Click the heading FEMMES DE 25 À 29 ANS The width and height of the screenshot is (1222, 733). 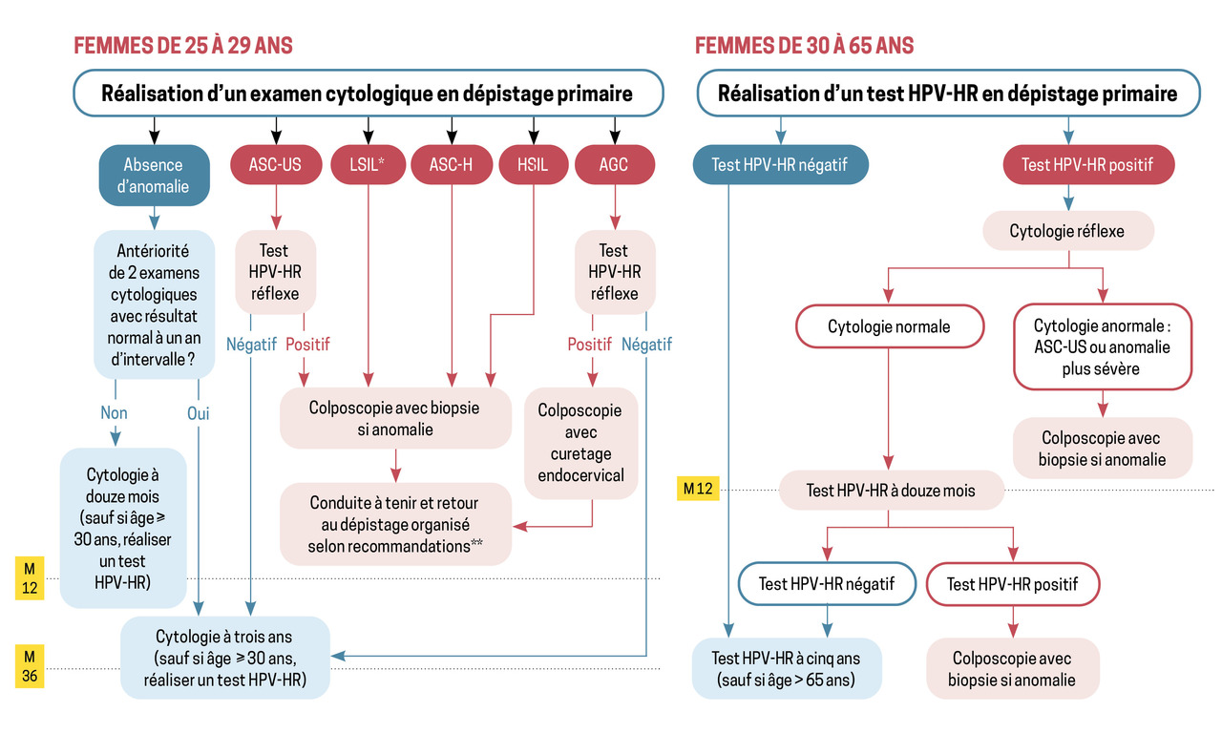coord(183,45)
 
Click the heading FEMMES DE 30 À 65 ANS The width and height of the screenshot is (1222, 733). coord(804,45)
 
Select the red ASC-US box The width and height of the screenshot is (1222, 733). coord(277,164)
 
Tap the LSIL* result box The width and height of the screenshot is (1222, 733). coord(366,164)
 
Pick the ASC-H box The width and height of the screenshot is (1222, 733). coord(451,164)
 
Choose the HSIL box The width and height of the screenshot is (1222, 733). coord(533,164)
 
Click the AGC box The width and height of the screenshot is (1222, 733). coord(614,164)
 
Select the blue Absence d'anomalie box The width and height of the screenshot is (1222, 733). coord(154,176)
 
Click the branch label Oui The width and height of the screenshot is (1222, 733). coord(199,413)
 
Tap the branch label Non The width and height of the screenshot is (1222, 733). coord(114,413)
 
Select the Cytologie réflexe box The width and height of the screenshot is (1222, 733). coord(1067,231)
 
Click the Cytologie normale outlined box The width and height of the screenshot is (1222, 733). coord(889,326)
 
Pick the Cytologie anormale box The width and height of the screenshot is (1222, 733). coord(1102,346)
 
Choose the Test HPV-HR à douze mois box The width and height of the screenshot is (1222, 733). coord(890,491)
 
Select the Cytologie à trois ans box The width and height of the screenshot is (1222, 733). coord(225,658)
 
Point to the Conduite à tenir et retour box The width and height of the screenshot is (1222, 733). coord(394,524)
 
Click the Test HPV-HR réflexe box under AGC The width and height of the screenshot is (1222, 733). coord(614,271)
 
